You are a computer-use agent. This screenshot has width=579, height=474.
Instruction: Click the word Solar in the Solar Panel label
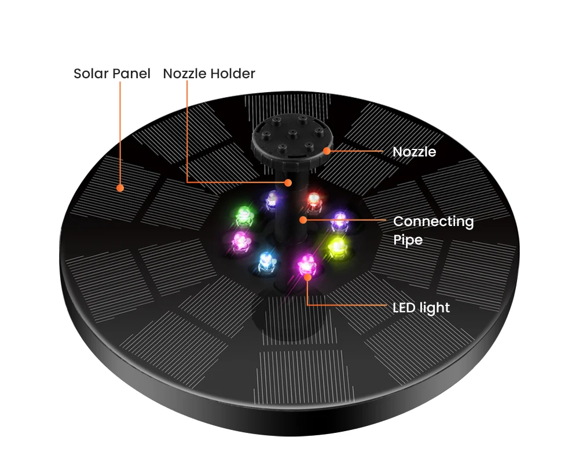pyautogui.click(x=90, y=74)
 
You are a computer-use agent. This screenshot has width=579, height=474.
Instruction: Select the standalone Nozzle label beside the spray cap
pyautogui.click(x=414, y=152)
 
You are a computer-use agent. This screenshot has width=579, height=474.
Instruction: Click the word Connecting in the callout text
pyautogui.click(x=433, y=221)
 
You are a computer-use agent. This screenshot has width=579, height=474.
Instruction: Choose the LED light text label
pyautogui.click(x=421, y=307)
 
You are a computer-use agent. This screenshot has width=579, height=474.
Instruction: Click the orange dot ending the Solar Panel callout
pyautogui.click(x=120, y=188)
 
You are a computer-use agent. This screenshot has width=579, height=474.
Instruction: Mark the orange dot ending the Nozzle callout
pyautogui.click(x=327, y=151)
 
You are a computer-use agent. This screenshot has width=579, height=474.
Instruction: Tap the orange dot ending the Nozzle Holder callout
pyautogui.click(x=288, y=183)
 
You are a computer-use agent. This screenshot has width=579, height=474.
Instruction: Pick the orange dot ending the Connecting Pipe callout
pyautogui.click(x=302, y=220)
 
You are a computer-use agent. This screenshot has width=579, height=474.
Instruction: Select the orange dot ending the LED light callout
pyautogui.click(x=307, y=276)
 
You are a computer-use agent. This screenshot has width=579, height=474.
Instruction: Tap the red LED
pyautogui.click(x=313, y=199)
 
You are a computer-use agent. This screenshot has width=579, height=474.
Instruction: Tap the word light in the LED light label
pyautogui.click(x=435, y=307)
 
